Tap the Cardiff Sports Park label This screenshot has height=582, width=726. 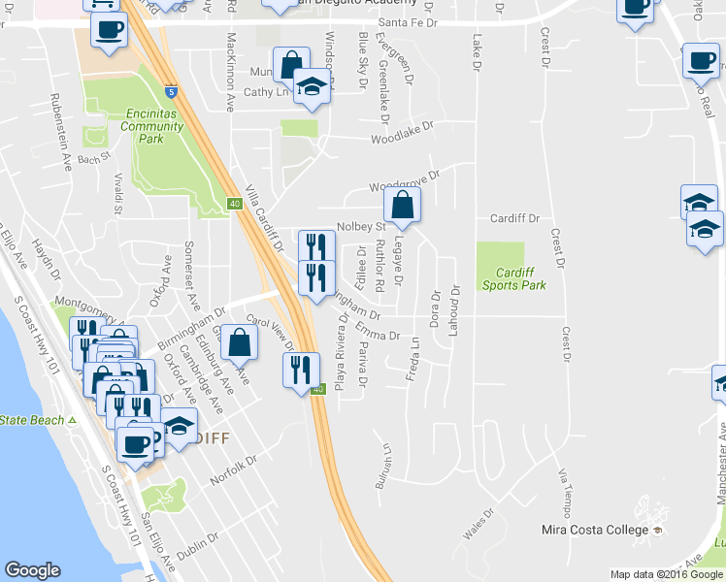pos(514,278)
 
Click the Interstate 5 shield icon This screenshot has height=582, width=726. pos(171,92)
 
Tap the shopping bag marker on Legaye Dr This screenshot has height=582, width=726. pos(402,205)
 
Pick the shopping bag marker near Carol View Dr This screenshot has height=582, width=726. pos(239,342)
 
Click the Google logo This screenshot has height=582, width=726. pos(32,569)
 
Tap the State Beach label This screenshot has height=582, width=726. pos(32,420)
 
